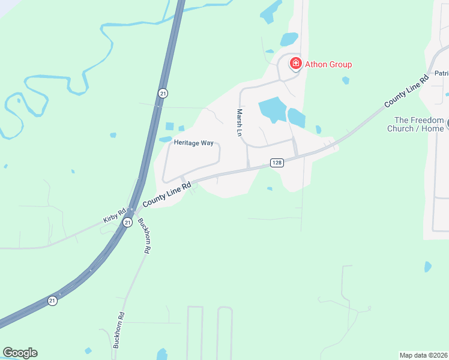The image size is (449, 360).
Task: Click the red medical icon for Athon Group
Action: pos(295,64)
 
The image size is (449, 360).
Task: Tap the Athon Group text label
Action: pos(328,64)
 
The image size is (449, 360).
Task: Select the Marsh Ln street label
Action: pos(239,122)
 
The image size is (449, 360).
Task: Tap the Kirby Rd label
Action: pos(114,215)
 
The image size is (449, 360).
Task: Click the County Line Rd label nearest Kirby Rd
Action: pos(167,195)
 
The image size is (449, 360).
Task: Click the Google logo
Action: pos(20,353)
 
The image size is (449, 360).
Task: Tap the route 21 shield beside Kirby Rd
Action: pos(127,222)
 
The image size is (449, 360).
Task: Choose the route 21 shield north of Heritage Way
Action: pos(163,93)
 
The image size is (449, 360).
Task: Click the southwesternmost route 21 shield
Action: pos(53,300)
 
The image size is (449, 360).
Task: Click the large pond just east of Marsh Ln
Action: pos(273,109)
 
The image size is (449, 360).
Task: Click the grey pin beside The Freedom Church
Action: pos(447,124)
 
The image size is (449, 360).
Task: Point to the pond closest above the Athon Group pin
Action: pos(289,40)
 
